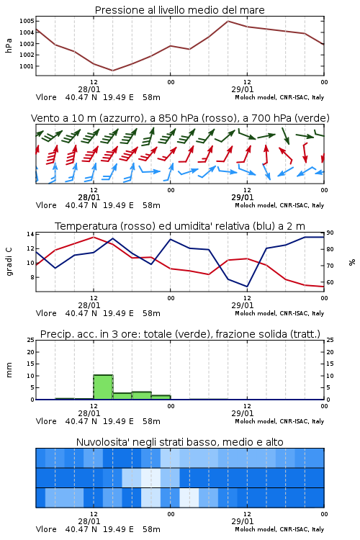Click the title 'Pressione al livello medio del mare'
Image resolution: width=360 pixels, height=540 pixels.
pyautogui.click(x=179, y=10)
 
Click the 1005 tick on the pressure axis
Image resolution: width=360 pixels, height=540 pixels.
pyautogui.click(x=27, y=21)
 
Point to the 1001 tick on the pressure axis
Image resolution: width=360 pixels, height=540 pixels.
pyautogui.click(x=27, y=66)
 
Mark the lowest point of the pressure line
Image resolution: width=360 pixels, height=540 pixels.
pyautogui.click(x=112, y=71)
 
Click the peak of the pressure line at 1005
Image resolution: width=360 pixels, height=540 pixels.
pyautogui.click(x=228, y=21)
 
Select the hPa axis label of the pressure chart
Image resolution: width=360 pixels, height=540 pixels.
pyautogui.click(x=9, y=45)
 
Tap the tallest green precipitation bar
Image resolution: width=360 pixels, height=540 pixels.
pyautogui.click(x=103, y=387)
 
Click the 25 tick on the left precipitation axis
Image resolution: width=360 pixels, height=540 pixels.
pyautogui.click(x=31, y=340)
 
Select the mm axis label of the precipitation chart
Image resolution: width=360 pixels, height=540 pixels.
pyautogui.click(x=9, y=370)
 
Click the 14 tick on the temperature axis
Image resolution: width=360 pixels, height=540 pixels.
pyautogui.click(x=30, y=234)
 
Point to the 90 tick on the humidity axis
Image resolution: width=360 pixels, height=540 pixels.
pyautogui.click(x=330, y=233)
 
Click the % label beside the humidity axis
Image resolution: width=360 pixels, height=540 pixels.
pyautogui.click(x=352, y=262)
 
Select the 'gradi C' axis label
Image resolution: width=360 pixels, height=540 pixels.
pyautogui.click(x=9, y=262)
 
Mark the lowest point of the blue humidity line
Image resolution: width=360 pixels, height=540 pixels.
pyautogui.click(x=247, y=287)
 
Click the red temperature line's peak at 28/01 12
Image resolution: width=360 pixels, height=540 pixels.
pyautogui.click(x=94, y=237)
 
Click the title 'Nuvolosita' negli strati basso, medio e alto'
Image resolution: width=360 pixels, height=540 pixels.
pyautogui.click(x=179, y=442)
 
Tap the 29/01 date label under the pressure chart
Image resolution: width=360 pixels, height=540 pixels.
pyautogui.click(x=243, y=89)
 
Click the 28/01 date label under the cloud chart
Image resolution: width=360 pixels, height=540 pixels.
pyautogui.click(x=89, y=521)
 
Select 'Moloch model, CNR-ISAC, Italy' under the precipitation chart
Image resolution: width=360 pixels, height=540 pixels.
pyautogui.click(x=279, y=421)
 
